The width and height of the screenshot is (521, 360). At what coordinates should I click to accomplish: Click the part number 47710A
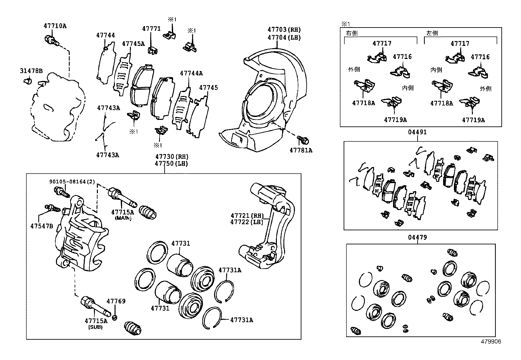[x=55, y=26]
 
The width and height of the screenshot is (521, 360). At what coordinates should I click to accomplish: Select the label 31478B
[x=31, y=71]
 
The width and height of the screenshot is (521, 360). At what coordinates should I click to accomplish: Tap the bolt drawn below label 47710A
[x=51, y=41]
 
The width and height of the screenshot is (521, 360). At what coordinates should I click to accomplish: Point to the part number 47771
[x=152, y=29]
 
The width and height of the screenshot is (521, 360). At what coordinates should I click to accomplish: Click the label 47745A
[x=133, y=44]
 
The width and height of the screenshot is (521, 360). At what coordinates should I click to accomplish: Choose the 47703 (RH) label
[x=284, y=30]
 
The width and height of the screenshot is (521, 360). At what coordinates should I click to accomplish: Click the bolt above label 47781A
[x=303, y=140]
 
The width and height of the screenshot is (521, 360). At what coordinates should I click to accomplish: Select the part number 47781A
[x=301, y=150]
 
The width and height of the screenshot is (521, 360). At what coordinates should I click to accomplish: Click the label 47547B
[x=42, y=226]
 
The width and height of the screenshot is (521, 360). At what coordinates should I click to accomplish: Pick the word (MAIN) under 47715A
[x=123, y=218]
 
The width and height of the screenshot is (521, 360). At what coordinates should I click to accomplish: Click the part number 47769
[x=116, y=301]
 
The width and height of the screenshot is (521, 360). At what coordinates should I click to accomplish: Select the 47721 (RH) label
[x=247, y=216]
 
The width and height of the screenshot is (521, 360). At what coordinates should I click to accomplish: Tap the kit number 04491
[x=417, y=132]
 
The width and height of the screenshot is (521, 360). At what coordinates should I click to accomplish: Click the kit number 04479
[x=417, y=237]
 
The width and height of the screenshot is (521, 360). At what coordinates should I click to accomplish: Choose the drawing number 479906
[x=491, y=342]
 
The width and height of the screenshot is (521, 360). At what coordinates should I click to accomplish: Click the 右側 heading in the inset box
[x=352, y=33]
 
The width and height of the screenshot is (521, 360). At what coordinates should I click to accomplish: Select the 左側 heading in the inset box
[x=432, y=33]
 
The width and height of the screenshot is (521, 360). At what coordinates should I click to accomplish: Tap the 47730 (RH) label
[x=172, y=157]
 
